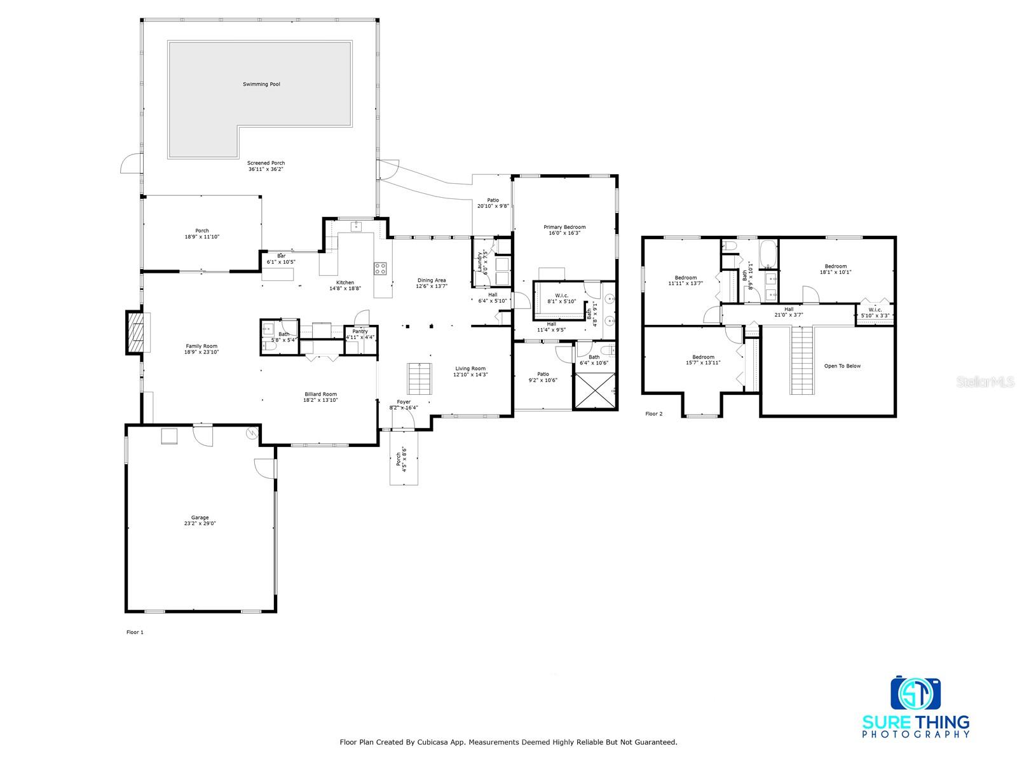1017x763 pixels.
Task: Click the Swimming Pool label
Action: click(x=261, y=85)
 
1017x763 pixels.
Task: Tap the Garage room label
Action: click(x=200, y=518)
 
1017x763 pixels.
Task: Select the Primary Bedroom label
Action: click(x=564, y=227)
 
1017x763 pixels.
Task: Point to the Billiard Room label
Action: click(x=320, y=394)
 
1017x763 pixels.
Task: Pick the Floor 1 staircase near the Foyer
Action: click(x=420, y=379)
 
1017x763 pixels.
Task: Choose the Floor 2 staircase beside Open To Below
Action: click(x=802, y=360)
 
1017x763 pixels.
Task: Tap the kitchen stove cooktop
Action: click(x=380, y=268)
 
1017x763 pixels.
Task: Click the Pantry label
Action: click(x=360, y=331)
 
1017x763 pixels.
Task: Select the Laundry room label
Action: click(x=479, y=261)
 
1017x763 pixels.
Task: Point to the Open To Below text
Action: click(x=842, y=366)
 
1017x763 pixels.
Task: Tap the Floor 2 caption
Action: click(x=654, y=414)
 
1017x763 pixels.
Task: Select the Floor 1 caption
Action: click(x=135, y=632)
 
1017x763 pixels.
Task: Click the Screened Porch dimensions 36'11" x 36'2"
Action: click(x=266, y=169)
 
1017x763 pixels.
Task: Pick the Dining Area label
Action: click(x=432, y=280)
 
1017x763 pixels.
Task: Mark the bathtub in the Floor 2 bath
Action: click(x=768, y=254)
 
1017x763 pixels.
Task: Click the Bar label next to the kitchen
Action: click(x=281, y=256)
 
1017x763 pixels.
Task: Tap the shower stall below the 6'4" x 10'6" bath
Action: click(x=595, y=390)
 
